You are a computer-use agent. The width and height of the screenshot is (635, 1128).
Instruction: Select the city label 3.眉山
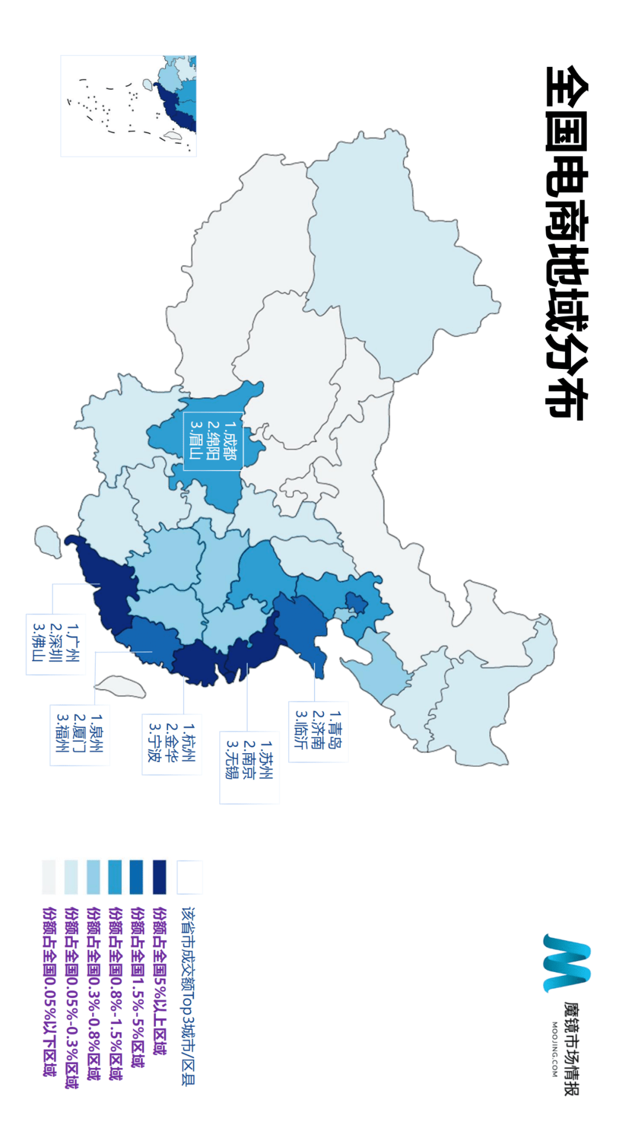pyautogui.click(x=196, y=441)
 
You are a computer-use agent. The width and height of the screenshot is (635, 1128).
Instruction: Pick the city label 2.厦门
pyautogui.click(x=79, y=734)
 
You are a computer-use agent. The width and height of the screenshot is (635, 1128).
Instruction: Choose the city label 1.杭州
pyautogui.click(x=189, y=743)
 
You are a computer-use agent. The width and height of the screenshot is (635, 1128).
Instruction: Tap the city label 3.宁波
pyautogui.click(x=155, y=743)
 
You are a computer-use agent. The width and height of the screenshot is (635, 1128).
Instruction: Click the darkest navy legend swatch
pyautogui.click(x=159, y=877)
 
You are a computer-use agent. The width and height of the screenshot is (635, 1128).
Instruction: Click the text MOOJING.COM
pyautogui.click(x=554, y=1049)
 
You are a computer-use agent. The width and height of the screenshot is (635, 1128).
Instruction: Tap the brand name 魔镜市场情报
pyautogui.click(x=571, y=1049)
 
